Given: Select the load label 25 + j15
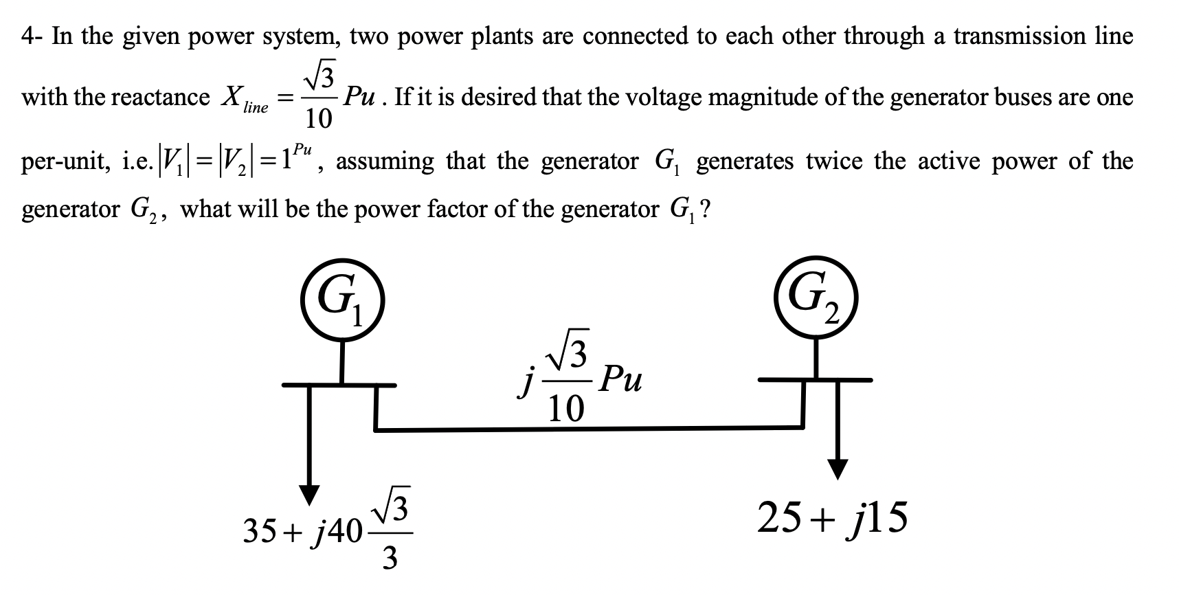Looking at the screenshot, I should pyautogui.click(x=832, y=518).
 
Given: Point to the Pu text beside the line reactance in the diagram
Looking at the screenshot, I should pyautogui.click(x=620, y=380).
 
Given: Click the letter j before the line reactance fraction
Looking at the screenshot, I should pyautogui.click(x=525, y=385).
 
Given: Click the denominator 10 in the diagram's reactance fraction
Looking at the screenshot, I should pyautogui.click(x=567, y=409).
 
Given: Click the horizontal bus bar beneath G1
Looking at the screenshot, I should pyautogui.click(x=340, y=385).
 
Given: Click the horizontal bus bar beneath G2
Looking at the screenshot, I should pyautogui.click(x=816, y=379).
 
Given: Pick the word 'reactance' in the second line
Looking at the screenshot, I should pyautogui.click(x=160, y=98).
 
